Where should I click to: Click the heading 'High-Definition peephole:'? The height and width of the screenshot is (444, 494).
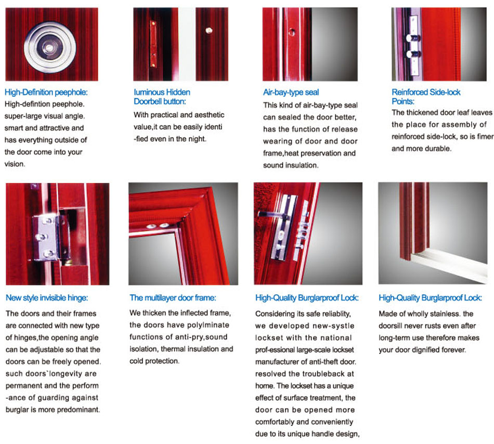[x=46, y=93]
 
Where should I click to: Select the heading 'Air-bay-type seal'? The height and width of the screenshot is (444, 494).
[x=291, y=93]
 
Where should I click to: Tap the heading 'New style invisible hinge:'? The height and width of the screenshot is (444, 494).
[x=47, y=298]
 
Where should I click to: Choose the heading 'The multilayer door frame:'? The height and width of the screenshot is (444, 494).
[x=172, y=298]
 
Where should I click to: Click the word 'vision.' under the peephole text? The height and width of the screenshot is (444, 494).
[x=15, y=163]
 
